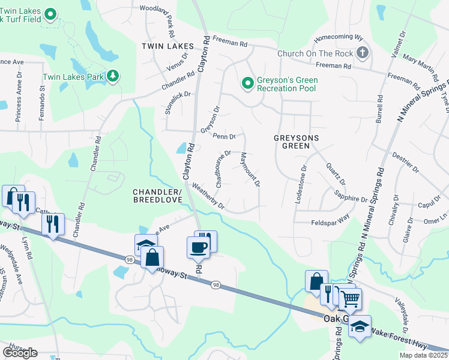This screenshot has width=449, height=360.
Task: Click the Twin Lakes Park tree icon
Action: point(112,76)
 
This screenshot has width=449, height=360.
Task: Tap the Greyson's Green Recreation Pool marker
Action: point(247,84)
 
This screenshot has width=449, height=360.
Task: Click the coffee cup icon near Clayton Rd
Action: point(199,246)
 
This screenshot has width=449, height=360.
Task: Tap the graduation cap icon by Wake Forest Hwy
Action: point(360,326)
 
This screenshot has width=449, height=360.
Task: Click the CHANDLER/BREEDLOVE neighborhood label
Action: point(157,195)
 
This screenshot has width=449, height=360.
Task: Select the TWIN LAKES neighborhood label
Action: point(167,46)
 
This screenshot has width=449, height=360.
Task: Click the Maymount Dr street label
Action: point(249,169)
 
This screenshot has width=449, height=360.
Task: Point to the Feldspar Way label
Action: point(330,221)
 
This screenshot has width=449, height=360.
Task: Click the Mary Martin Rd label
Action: point(420,66)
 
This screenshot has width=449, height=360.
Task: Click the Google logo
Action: point(20,352)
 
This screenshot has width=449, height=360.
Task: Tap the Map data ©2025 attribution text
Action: point(423,355)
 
